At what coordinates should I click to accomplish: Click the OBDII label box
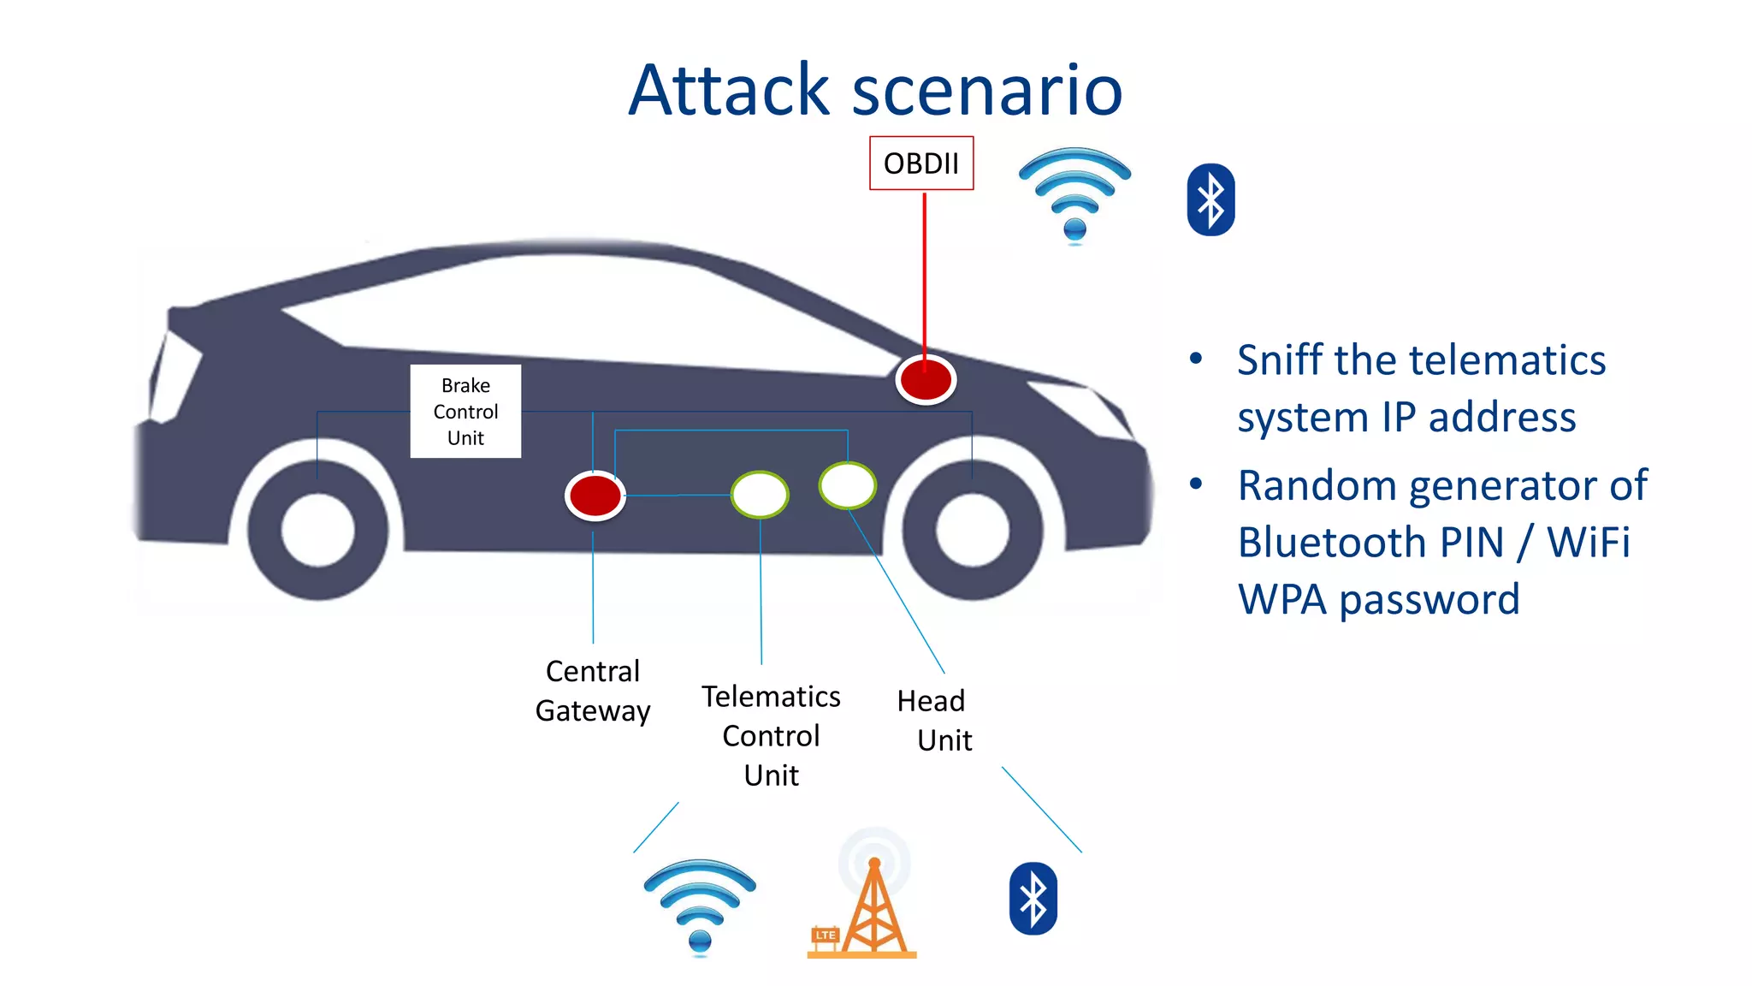[x=920, y=163]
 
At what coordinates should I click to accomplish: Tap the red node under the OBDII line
[x=925, y=379]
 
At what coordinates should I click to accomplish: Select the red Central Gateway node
[x=595, y=496]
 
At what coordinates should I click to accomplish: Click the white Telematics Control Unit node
[x=760, y=495]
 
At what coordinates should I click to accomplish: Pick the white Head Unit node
[x=847, y=484]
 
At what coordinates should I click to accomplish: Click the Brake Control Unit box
[x=465, y=412]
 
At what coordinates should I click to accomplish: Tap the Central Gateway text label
[x=592, y=691]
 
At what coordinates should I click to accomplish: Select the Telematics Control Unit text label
[x=771, y=735]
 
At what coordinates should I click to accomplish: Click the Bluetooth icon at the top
[x=1210, y=199]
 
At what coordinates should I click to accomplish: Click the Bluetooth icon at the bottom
[x=1033, y=898]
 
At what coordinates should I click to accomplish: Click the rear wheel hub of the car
[x=318, y=530]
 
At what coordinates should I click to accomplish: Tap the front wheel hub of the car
[x=973, y=530]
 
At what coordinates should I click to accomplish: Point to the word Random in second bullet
[x=1317, y=486]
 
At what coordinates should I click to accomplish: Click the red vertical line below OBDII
[x=924, y=274]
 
